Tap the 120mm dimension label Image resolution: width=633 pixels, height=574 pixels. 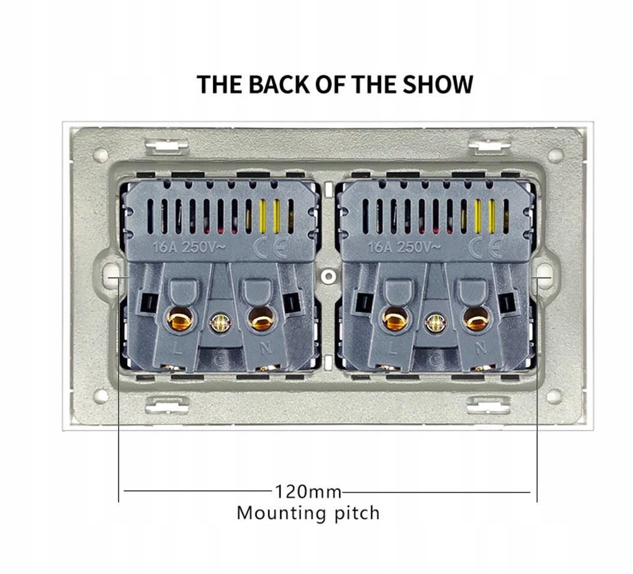[308, 492]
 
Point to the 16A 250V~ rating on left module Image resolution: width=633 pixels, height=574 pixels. [183, 247]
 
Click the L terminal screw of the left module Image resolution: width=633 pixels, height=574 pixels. [179, 317]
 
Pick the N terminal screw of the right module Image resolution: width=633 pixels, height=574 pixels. [475, 318]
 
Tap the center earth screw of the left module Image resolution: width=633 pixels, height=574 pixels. [220, 323]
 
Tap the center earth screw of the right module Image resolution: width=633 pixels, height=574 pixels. [435, 323]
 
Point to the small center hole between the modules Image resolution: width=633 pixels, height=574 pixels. [328, 276]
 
